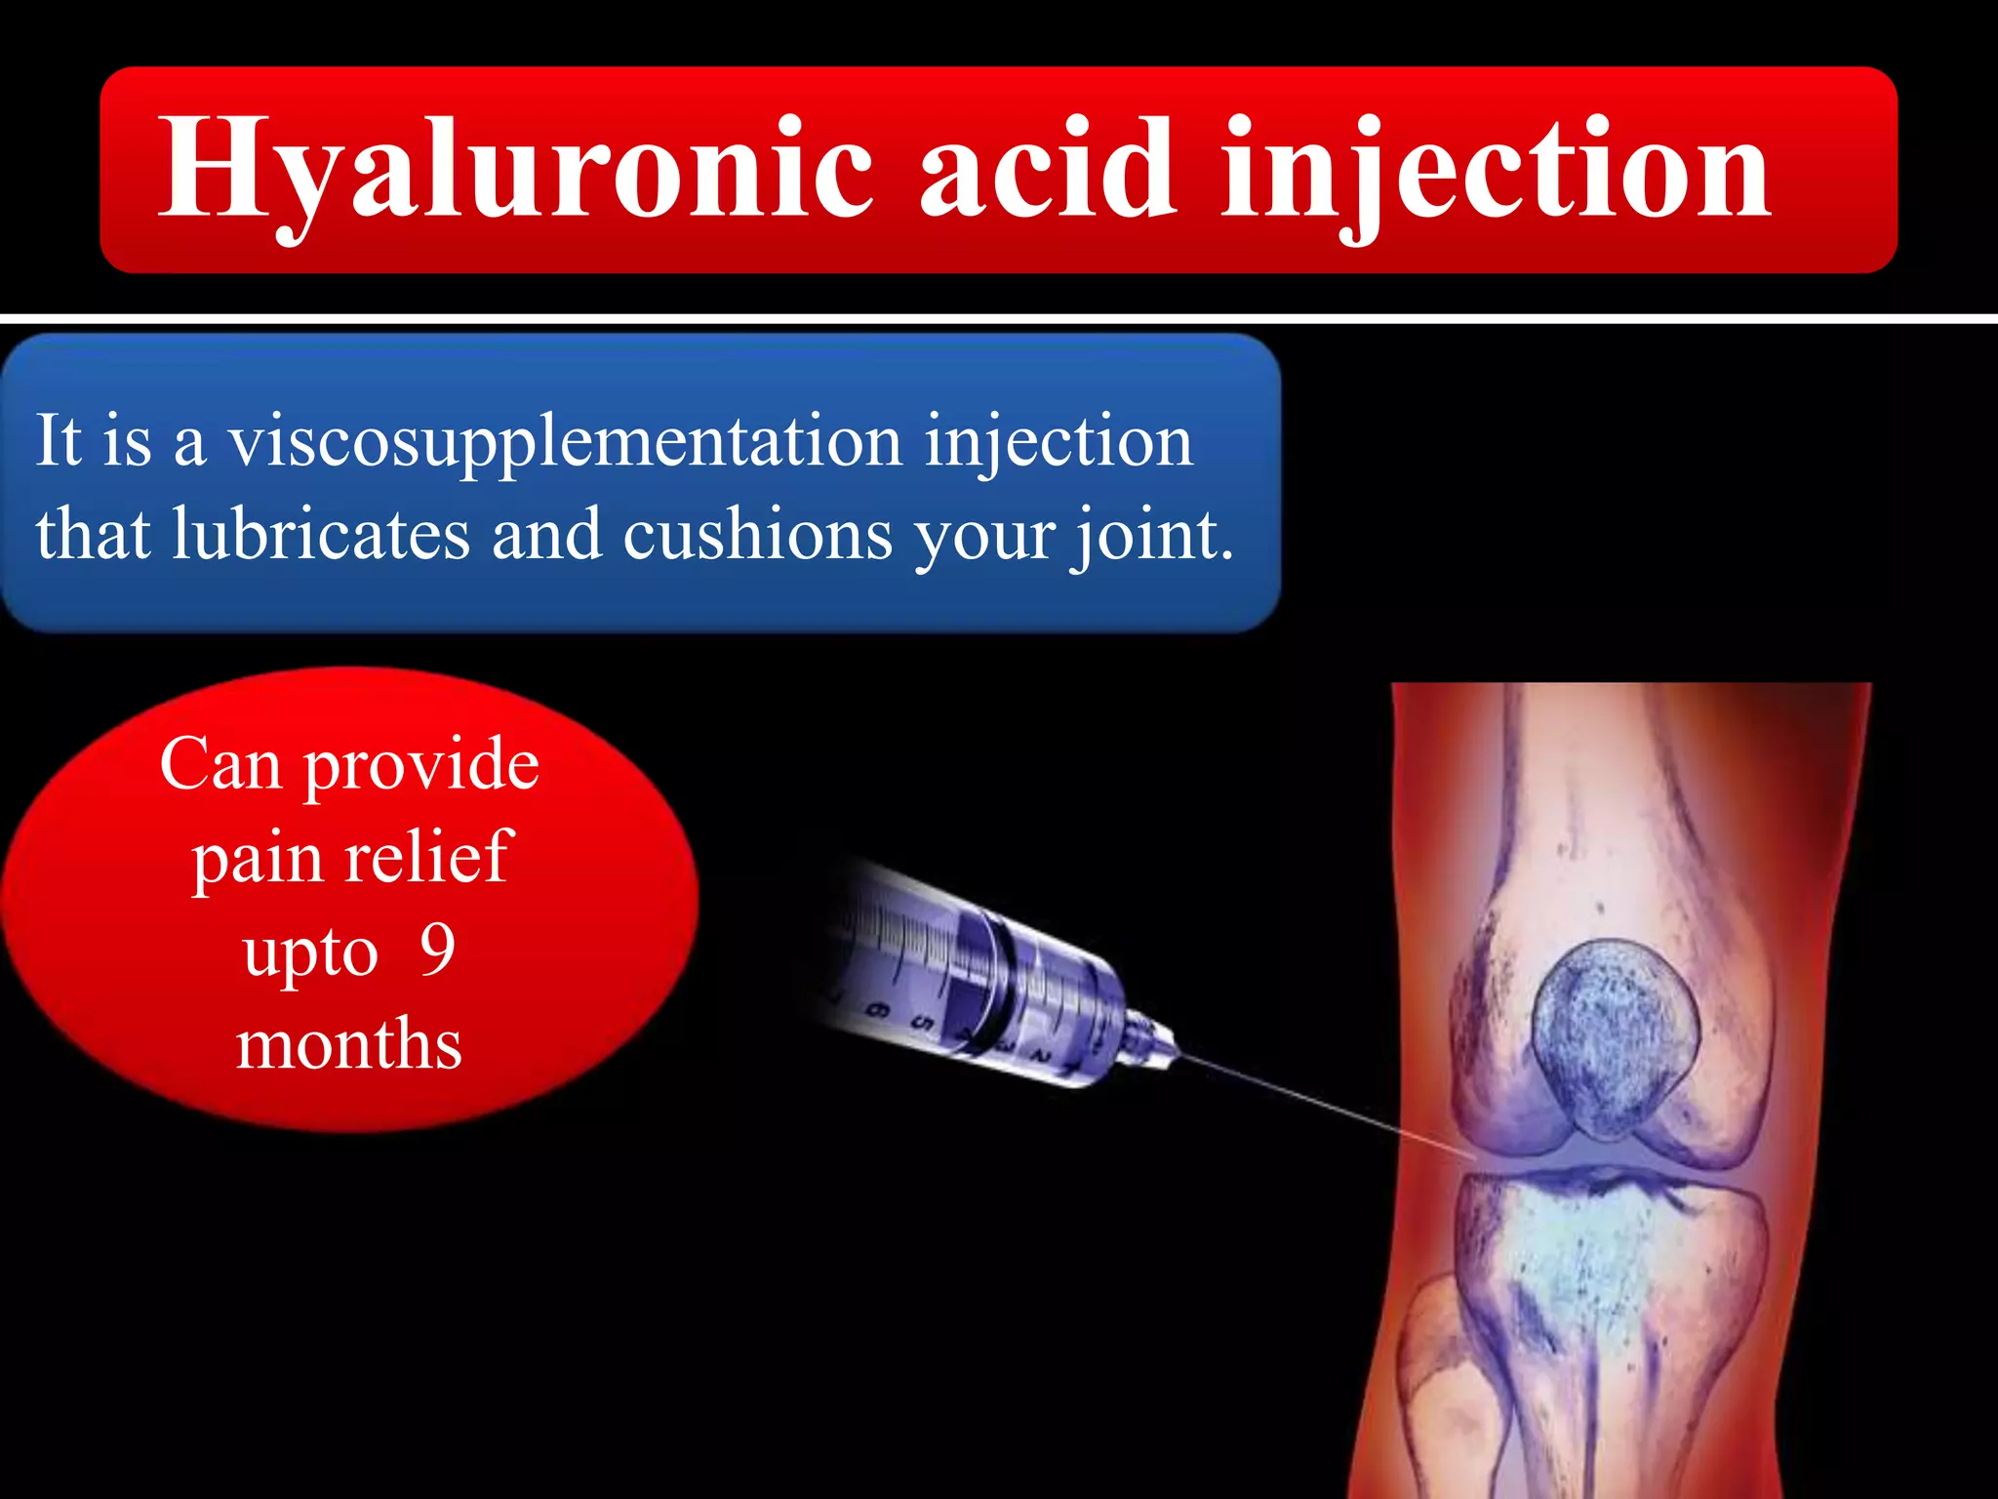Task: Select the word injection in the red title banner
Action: [x=1495, y=168]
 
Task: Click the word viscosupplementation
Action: [x=565, y=441]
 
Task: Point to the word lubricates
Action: [x=321, y=534]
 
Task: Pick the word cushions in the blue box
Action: [x=757, y=534]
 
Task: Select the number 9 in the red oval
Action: [x=437, y=949]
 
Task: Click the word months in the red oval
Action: [x=349, y=1043]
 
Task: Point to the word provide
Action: [x=421, y=763]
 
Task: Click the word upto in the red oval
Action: [x=310, y=952]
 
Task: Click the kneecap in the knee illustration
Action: [x=1615, y=1036]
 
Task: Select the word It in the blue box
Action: [x=59, y=440]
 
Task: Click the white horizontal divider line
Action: [x=999, y=318]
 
